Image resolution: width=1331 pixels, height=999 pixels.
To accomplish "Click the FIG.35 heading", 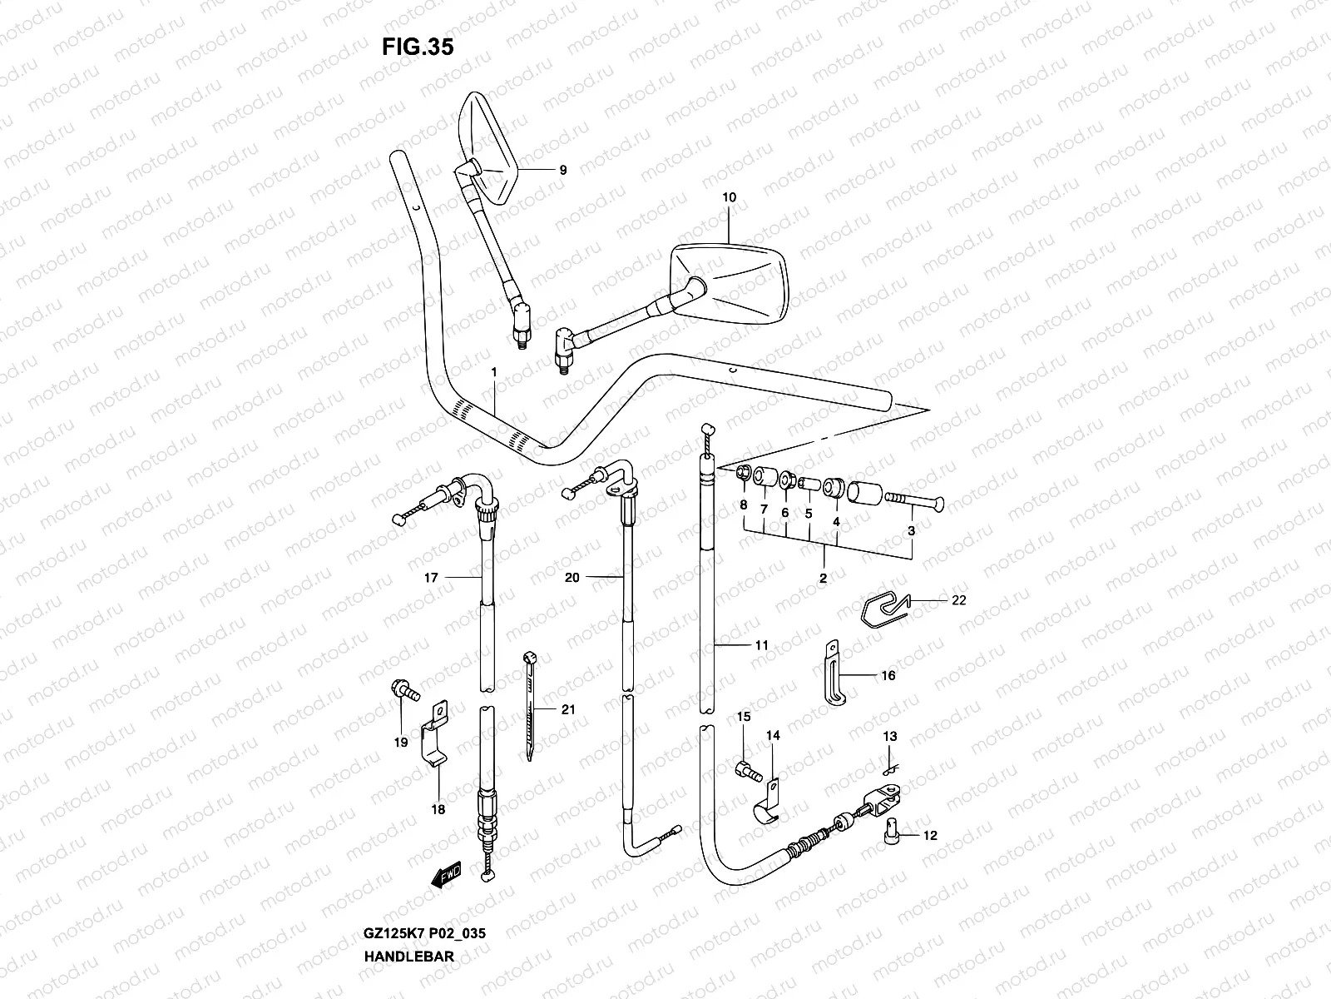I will pyautogui.click(x=418, y=47).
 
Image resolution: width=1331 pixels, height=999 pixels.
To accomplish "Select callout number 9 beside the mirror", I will pyautogui.click(x=563, y=170).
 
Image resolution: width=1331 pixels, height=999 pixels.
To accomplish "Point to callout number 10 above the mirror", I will pyautogui.click(x=730, y=198).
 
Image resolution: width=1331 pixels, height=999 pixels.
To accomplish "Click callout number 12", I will pyautogui.click(x=930, y=835).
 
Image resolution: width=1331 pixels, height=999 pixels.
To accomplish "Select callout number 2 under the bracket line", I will pyautogui.click(x=823, y=578).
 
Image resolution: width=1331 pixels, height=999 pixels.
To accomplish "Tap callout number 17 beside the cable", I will pyautogui.click(x=430, y=577).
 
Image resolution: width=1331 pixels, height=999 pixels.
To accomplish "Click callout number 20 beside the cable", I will pyautogui.click(x=571, y=577).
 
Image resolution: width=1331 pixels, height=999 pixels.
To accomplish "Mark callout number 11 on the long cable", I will pyautogui.click(x=762, y=645).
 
